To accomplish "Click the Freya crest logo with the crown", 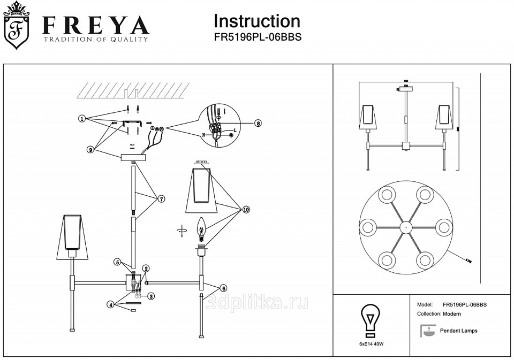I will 17,26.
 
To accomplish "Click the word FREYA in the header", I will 96,25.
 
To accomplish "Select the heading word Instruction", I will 256,21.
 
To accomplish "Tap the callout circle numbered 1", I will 82,119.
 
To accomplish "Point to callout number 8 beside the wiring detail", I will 258,122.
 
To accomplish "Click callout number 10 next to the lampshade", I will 246,210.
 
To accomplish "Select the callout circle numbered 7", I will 161,198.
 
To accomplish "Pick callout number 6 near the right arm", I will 224,287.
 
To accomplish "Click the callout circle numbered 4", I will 110,304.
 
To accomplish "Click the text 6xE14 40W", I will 372,344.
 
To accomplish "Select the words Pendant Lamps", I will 458,331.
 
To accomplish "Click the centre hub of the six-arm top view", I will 406,227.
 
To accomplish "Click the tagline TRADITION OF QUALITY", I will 95,40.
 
